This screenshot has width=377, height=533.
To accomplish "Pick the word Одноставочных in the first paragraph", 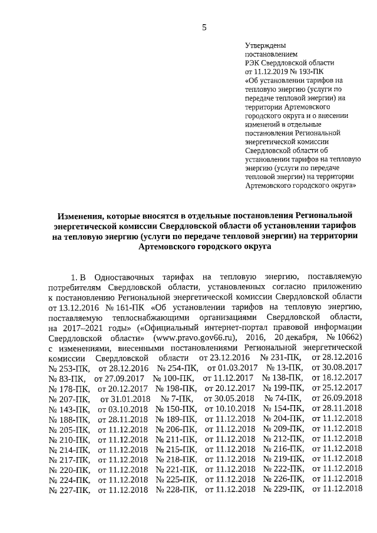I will click(124, 276).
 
